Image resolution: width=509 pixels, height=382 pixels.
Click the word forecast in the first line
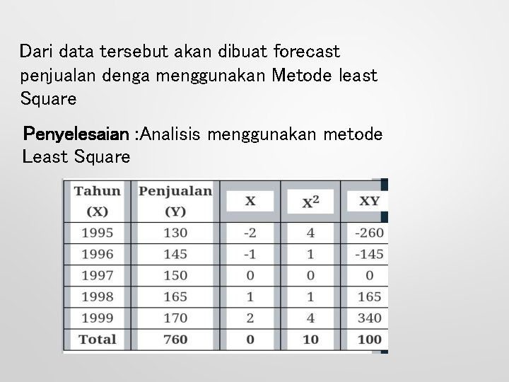pos(305,52)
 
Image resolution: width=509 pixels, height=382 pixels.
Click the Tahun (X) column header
pos(97,200)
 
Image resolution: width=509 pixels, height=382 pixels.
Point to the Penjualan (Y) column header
pos(175,200)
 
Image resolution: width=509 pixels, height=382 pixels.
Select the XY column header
pos(369,201)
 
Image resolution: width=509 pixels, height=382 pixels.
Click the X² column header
pos(310,202)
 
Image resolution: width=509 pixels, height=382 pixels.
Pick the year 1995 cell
pos(97,233)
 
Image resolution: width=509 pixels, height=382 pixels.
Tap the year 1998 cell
pos(97,296)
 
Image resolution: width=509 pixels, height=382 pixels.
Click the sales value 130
pos(175,233)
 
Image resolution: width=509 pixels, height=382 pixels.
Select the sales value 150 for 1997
pos(175,275)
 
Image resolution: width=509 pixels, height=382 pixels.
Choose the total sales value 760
pos(175,339)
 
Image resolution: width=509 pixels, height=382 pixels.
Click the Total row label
pos(97,339)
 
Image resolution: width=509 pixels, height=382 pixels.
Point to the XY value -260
pos(369,233)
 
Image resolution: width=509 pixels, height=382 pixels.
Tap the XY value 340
pos(369,318)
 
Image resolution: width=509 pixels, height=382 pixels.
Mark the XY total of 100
pos(369,339)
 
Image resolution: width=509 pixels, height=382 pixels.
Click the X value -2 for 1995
pos(250,233)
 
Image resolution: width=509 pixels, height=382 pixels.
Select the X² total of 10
pos(310,339)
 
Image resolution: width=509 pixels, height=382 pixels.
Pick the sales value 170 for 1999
pos(175,318)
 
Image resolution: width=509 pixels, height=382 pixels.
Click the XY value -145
pos(369,254)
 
